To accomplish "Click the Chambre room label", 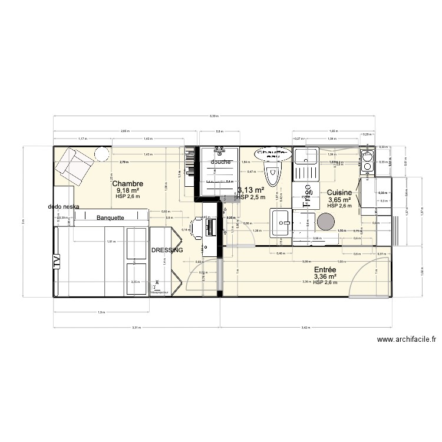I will pyautogui.click(x=128, y=183).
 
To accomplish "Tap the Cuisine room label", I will pyautogui.click(x=339, y=193).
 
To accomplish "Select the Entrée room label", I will pyautogui.click(x=325, y=269).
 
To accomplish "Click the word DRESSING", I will pyautogui.click(x=167, y=250).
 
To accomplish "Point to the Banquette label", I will pyautogui.click(x=110, y=217).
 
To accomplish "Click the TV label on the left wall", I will pyautogui.click(x=57, y=260).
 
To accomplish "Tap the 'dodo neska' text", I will pyautogui.click(x=64, y=207).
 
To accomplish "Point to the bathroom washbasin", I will pyautogui.click(x=281, y=223).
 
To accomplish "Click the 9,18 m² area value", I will pyautogui.click(x=128, y=190).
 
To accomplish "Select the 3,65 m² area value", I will pyautogui.click(x=339, y=200).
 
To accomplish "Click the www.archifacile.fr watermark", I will pyautogui.click(x=407, y=339).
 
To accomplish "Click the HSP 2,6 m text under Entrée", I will pyautogui.click(x=325, y=283).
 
